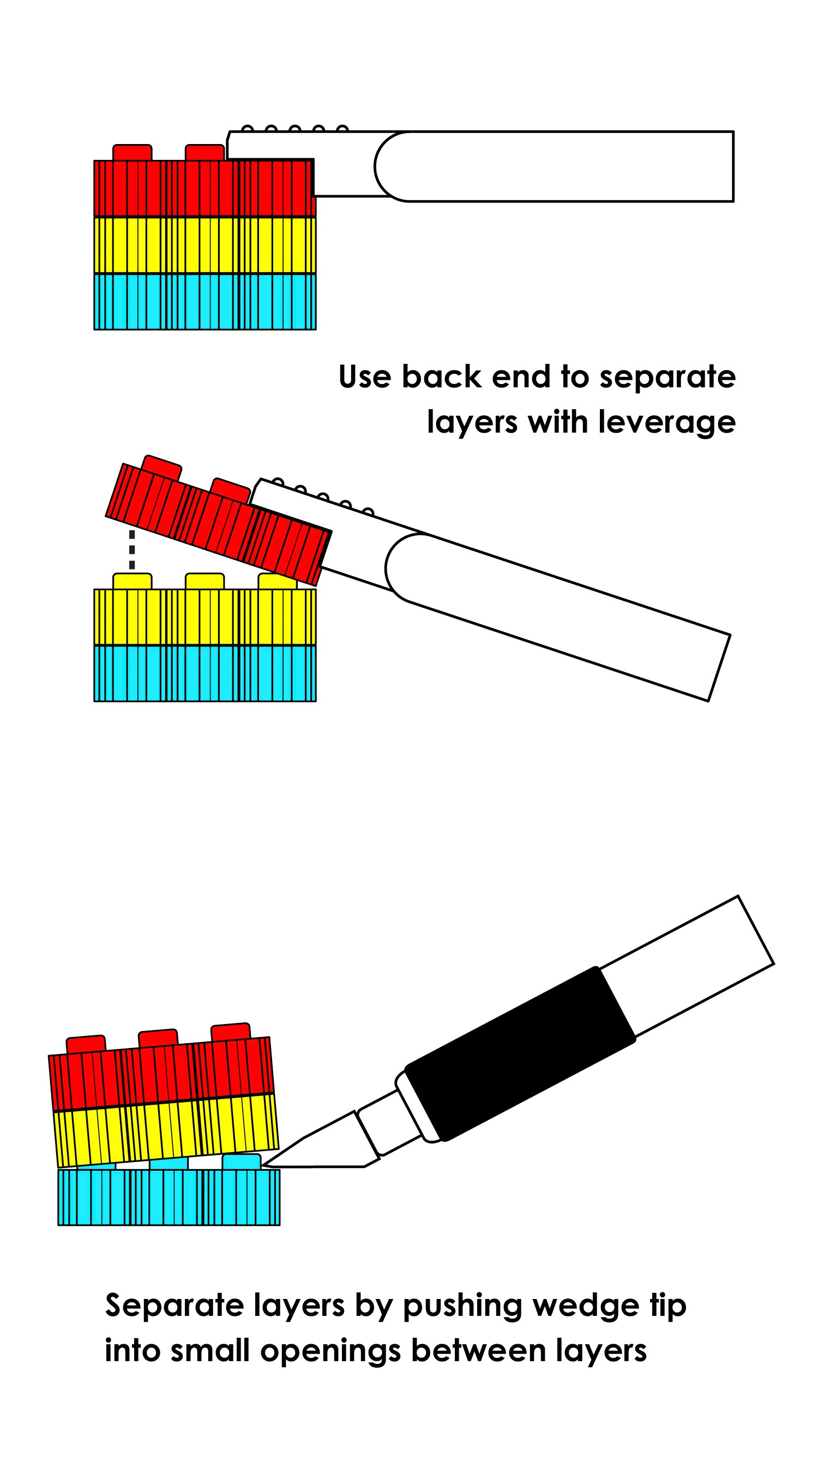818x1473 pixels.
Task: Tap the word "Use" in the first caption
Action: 365,378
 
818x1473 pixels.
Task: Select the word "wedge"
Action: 585,1307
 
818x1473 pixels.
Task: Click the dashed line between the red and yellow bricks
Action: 132,549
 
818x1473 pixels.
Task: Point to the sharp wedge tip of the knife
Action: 265,1164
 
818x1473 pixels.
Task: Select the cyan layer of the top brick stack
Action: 204,302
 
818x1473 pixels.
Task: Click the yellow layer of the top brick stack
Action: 204,245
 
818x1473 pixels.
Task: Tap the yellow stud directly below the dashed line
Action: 132,581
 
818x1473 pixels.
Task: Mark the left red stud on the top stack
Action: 132,153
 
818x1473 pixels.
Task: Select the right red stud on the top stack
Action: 204,153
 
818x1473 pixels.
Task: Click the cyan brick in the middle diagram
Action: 204,674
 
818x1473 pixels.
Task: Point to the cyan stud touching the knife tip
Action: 241,1161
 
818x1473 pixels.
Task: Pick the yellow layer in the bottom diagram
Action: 166,1130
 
